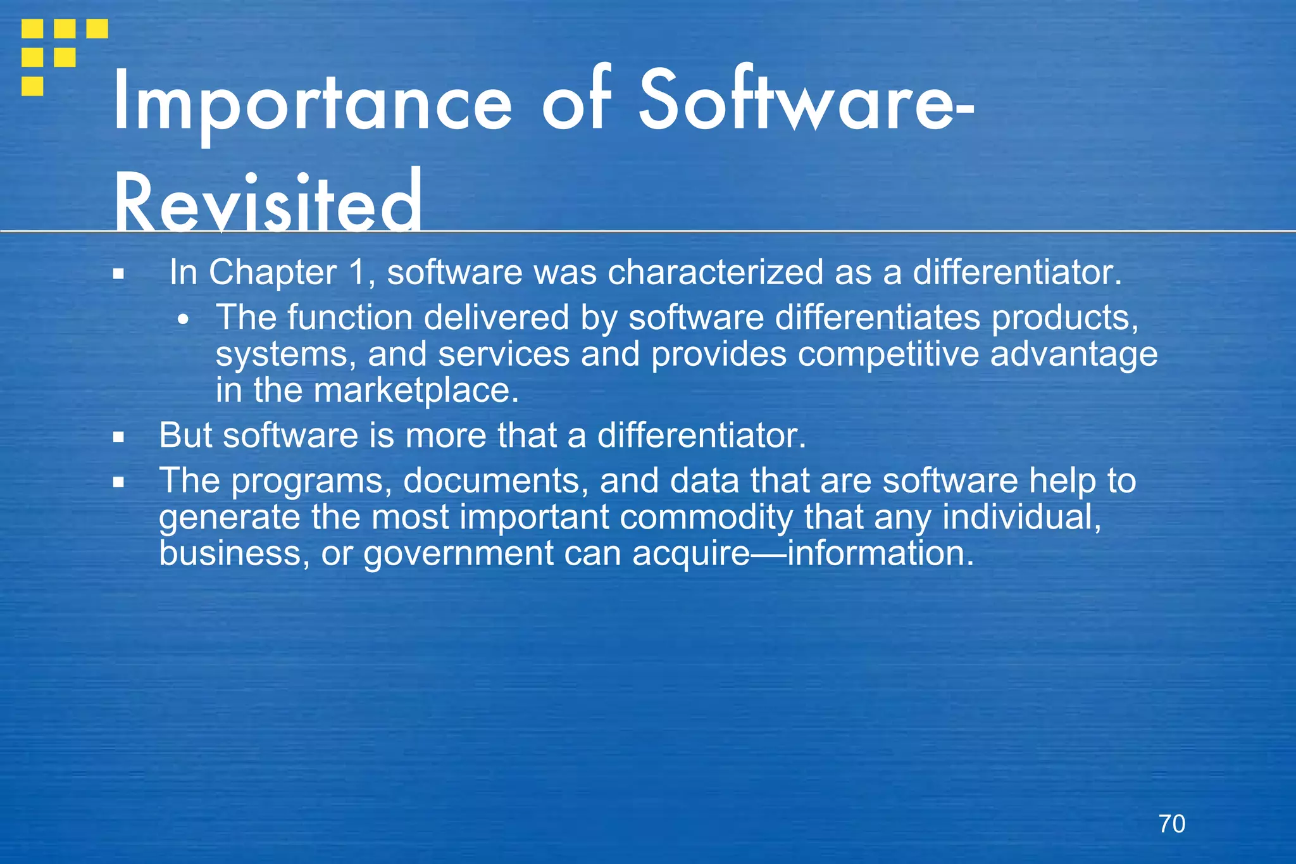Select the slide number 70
(1171, 824)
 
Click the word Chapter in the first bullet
(273, 273)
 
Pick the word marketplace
(416, 390)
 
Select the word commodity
(706, 518)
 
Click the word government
(459, 554)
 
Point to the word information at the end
(880, 553)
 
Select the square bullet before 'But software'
(118, 437)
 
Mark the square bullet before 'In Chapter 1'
(118, 275)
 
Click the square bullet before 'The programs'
(118, 482)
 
